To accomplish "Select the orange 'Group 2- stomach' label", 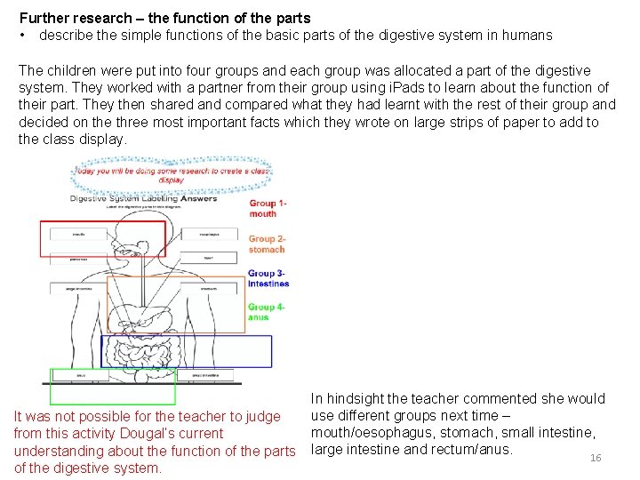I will pyautogui.click(x=267, y=244).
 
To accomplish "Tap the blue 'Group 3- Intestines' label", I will pyautogui.click(x=268, y=278).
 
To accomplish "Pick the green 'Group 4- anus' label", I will pyautogui.click(x=266, y=312).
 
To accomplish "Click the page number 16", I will pyautogui.click(x=596, y=458).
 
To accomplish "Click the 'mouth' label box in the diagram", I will pyautogui.click(x=79, y=234).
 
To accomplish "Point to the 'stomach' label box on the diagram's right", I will pyautogui.click(x=209, y=289).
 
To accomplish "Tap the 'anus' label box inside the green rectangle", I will pyautogui.click(x=80, y=376).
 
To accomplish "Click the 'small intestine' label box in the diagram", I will pyautogui.click(x=210, y=376).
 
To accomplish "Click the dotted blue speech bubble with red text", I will pyautogui.click(x=171, y=174).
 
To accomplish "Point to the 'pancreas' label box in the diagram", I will pyautogui.click(x=79, y=260).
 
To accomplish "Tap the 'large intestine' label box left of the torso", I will pyautogui.click(x=79, y=289).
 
